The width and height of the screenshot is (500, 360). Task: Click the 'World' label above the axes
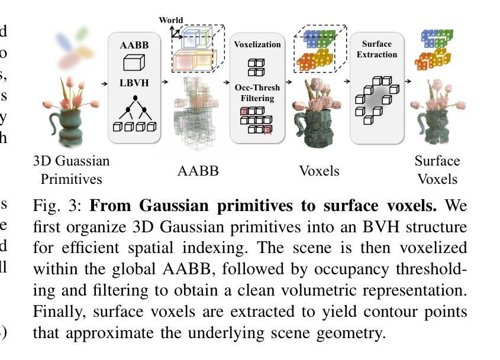[171, 20]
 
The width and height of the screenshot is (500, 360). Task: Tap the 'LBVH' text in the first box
[134, 82]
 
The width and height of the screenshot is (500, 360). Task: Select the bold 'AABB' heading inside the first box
[134, 45]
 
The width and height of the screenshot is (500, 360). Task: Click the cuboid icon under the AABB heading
[134, 63]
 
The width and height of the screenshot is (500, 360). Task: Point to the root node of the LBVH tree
[135, 98]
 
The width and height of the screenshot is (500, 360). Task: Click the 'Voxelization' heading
[257, 44]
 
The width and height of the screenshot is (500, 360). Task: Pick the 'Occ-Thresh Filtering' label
[257, 93]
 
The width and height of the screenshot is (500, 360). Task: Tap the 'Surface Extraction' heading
[377, 49]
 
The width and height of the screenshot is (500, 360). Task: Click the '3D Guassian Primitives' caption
[72, 170]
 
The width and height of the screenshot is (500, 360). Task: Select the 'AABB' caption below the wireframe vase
[198, 171]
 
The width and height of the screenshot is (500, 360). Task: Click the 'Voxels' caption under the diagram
[319, 171]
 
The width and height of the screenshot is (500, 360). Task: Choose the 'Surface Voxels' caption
[437, 170]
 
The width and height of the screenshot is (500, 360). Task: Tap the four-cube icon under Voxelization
[256, 66]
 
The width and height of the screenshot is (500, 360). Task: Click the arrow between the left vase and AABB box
[104, 83]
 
